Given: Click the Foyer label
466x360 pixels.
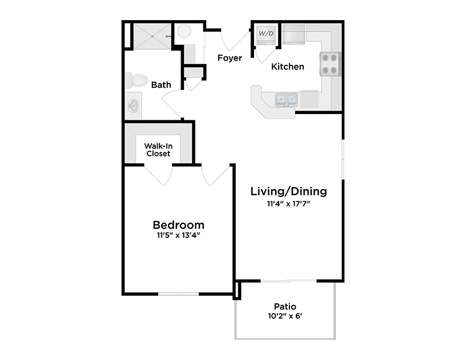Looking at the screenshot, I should point(229,58).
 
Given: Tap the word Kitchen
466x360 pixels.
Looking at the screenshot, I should point(288,66).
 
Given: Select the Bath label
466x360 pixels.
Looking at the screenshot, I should point(161,85).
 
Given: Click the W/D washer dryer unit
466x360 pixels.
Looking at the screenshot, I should point(266,34).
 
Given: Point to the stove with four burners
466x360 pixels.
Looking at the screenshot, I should point(331,64).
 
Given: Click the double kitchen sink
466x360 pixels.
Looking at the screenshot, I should point(285,100).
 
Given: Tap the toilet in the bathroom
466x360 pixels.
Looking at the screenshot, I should point(136,80).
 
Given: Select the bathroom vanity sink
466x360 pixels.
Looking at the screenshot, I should point(134,105).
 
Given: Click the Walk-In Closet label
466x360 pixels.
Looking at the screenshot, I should point(158,150).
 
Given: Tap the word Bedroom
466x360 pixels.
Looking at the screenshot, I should point(178,225).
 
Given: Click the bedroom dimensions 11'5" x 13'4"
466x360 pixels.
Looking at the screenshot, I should point(178,234).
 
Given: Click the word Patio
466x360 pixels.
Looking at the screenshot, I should point(285,306).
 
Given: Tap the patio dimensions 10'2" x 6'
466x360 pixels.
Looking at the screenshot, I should point(285,316).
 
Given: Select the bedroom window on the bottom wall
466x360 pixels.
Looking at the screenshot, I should point(178,294).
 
